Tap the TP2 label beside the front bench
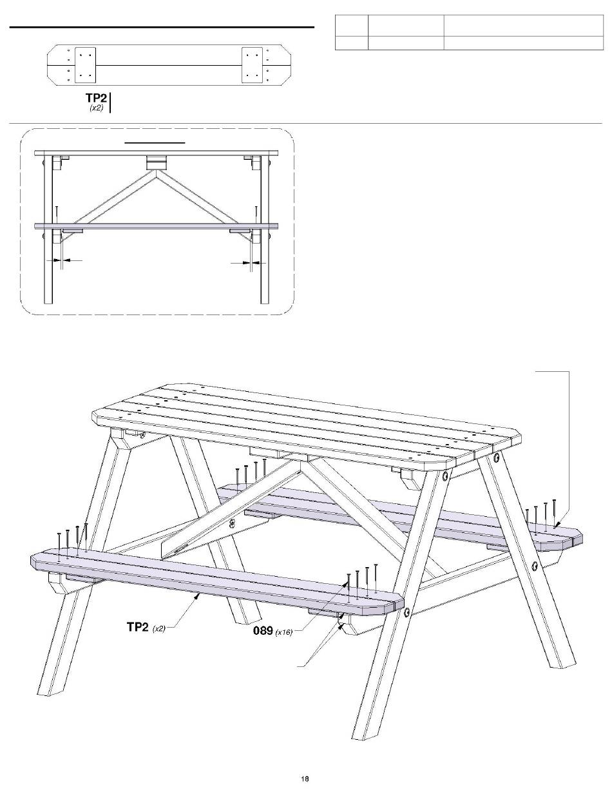pos(138,626)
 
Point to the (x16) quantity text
pos(284,633)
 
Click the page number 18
pos(305,778)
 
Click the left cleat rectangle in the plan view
pos(85,64)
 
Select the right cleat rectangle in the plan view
pos(253,64)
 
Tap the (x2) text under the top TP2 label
pos(96,108)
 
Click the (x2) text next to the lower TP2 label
pos(158,628)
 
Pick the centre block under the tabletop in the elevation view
pos(156,162)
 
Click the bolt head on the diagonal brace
pos(230,524)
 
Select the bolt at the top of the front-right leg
pos(446,476)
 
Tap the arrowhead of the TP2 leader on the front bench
pos(198,597)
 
